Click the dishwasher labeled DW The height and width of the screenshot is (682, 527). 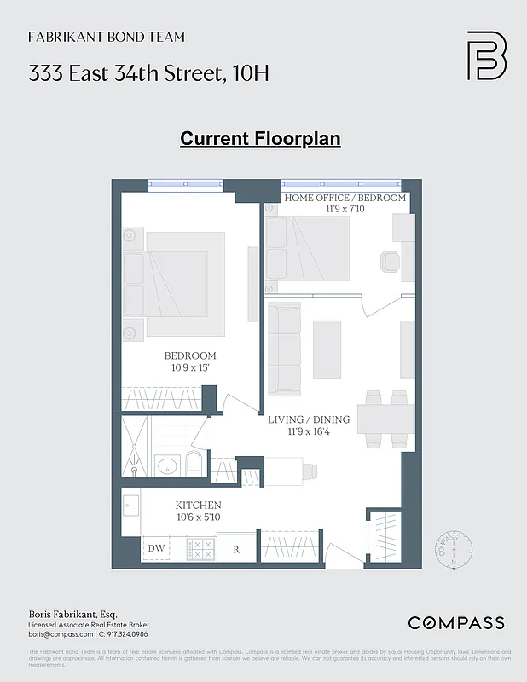156,548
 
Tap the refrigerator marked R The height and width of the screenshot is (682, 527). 237,548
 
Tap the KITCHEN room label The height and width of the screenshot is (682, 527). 199,506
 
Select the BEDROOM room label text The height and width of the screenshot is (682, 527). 190,355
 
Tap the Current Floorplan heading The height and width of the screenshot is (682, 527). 260,138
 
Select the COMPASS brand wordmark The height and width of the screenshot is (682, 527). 455,623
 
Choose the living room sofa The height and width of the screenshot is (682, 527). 284,347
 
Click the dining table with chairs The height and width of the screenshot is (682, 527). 385,419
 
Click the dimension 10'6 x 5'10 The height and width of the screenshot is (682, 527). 199,517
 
